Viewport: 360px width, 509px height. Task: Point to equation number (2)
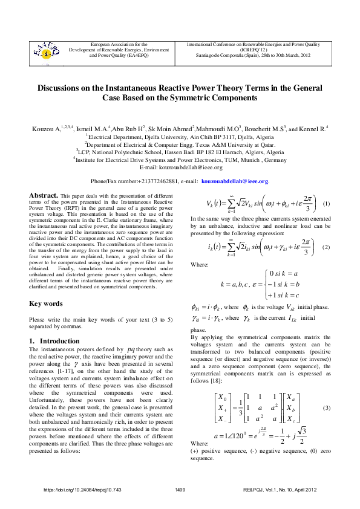pyautogui.click(x=326, y=248)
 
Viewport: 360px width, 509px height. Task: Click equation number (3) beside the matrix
pyautogui.click(x=326, y=409)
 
